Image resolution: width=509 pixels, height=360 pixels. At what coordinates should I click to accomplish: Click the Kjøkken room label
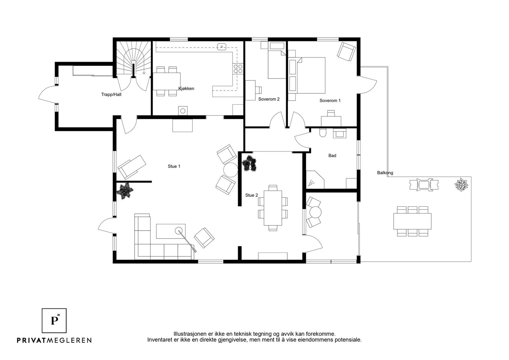(x=186, y=89)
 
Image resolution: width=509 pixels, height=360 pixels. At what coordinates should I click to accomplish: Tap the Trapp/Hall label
(x=111, y=94)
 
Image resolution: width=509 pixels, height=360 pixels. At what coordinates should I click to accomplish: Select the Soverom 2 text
(x=269, y=99)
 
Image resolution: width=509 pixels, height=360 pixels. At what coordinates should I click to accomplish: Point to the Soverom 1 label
(x=330, y=100)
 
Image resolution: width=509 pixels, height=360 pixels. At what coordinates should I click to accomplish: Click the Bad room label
(x=332, y=156)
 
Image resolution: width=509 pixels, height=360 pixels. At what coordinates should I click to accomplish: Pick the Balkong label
(x=385, y=173)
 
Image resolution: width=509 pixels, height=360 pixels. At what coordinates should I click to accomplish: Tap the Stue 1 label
(x=174, y=166)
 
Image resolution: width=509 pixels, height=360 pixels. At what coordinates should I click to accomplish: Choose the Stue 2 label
(x=252, y=195)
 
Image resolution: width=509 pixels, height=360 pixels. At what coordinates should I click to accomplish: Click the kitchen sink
(x=221, y=47)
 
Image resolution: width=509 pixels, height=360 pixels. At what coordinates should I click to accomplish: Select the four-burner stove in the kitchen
(x=238, y=69)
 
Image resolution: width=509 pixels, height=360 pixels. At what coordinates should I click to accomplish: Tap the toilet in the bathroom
(x=323, y=133)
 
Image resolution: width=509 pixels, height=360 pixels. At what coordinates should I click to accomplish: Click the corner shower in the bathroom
(x=315, y=180)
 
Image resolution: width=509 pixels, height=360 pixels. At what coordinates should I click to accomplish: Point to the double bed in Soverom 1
(x=307, y=75)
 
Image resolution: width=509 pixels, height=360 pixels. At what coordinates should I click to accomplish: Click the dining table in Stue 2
(x=273, y=208)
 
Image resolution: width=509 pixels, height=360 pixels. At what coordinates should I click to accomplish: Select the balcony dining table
(x=412, y=221)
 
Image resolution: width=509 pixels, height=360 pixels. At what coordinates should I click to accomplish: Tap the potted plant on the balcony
(x=461, y=184)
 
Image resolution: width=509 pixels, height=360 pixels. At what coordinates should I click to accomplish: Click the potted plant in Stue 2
(x=249, y=163)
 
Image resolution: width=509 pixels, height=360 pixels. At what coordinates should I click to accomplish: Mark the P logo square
(x=54, y=321)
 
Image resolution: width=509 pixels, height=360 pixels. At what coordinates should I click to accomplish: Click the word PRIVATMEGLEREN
(x=54, y=340)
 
